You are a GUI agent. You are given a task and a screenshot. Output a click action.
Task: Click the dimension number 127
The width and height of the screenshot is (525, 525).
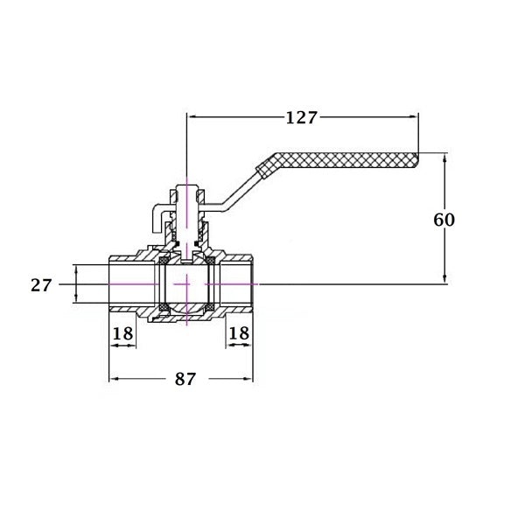pyautogui.click(x=300, y=117)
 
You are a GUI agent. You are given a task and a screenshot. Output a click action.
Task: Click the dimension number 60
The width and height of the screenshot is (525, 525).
pyautogui.click(x=444, y=220)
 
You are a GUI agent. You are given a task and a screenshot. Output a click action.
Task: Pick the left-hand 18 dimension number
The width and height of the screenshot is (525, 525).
pyautogui.click(x=122, y=333)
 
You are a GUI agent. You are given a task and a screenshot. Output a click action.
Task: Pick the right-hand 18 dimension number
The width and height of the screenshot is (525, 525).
pyautogui.click(x=239, y=333)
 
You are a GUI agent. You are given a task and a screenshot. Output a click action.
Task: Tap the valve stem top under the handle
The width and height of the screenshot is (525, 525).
pyautogui.click(x=187, y=189)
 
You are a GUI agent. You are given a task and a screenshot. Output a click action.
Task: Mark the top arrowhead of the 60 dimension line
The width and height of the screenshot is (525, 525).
pyautogui.click(x=445, y=158)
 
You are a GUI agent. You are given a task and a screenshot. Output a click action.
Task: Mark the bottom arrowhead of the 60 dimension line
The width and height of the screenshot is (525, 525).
pyautogui.click(x=445, y=279)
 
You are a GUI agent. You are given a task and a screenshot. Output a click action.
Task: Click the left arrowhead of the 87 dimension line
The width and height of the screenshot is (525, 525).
pyautogui.click(x=113, y=380)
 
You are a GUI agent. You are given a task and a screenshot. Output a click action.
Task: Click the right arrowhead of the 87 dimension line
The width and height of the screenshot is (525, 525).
pyautogui.click(x=249, y=380)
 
